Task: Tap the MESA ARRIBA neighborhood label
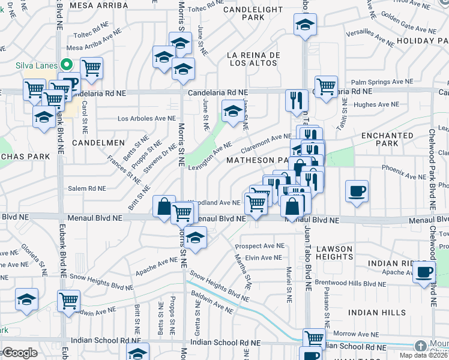click(99, 5)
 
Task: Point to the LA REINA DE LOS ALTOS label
click(254, 59)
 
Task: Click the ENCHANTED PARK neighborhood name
click(387, 140)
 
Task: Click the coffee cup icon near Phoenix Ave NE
click(357, 191)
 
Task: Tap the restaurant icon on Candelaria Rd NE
click(296, 100)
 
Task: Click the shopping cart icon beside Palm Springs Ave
click(326, 86)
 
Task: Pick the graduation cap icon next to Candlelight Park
click(305, 25)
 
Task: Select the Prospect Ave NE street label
click(259, 246)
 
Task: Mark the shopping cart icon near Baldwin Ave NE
click(69, 300)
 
